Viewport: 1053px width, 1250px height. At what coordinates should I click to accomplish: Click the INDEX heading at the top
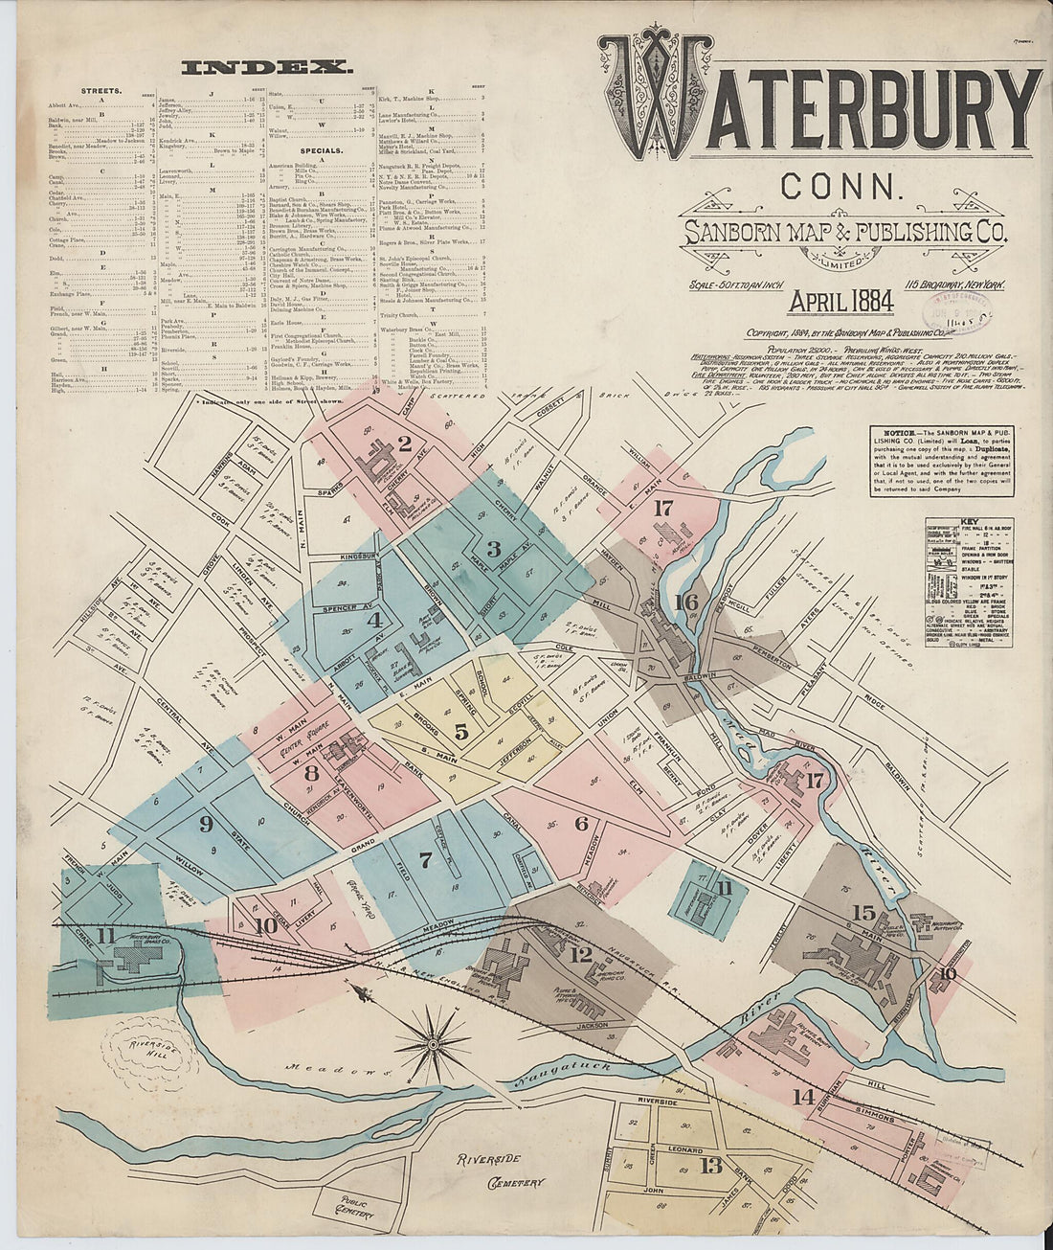[x=267, y=68]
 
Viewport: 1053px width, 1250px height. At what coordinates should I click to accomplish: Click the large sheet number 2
[x=405, y=443]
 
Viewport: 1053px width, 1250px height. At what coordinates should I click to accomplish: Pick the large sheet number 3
[x=494, y=549]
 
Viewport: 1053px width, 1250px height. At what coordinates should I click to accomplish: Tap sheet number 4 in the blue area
[x=373, y=620]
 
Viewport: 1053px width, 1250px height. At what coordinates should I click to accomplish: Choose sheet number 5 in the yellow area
[x=461, y=732]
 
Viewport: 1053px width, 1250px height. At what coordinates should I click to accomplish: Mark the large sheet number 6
[x=581, y=823]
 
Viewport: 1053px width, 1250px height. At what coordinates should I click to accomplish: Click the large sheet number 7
[x=426, y=858]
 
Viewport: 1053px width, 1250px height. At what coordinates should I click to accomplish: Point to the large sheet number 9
[x=205, y=823]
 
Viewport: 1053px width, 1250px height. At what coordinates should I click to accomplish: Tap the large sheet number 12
[x=580, y=954]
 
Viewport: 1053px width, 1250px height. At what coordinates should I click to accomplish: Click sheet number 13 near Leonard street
[x=710, y=1166]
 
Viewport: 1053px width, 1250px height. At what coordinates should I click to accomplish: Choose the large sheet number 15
[x=863, y=912]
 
